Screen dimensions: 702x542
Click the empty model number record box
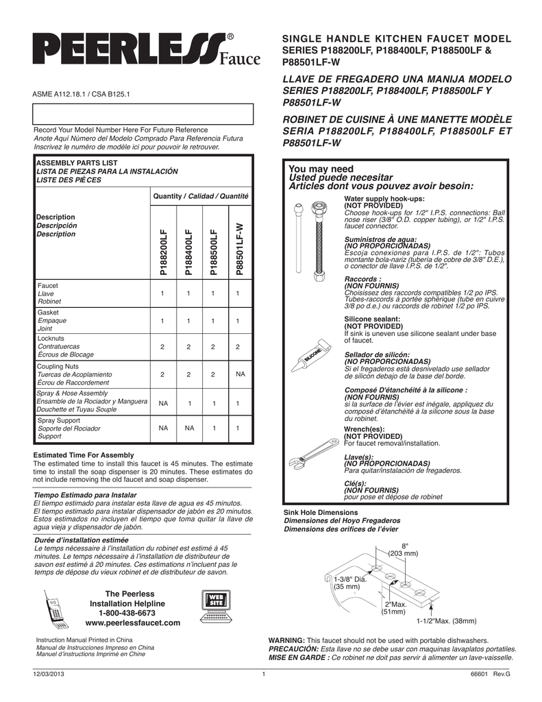point(143,113)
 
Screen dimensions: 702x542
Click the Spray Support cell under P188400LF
point(188,428)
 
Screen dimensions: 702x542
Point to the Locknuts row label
point(51,339)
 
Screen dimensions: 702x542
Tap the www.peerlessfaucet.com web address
point(132,623)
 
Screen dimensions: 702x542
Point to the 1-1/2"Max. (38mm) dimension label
point(446,621)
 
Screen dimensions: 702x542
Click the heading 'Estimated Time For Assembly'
point(84,455)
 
